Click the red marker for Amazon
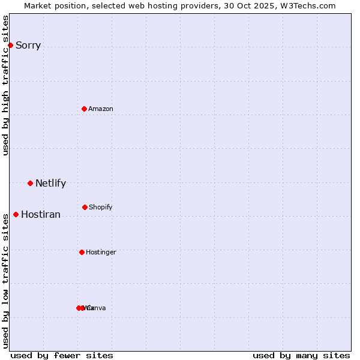tap(85, 109)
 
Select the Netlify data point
tap(30, 183)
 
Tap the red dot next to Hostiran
tap(16, 214)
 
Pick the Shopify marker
tap(85, 207)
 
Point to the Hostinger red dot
tap(82, 252)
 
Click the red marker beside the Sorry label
tap(10, 45)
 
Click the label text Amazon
tap(101, 109)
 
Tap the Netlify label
tap(50, 183)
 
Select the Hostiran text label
tap(41, 214)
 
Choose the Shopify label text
tap(101, 207)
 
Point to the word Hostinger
tap(101, 252)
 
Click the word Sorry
tap(28, 45)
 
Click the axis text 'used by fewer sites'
tap(62, 355)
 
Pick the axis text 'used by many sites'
tap(301, 355)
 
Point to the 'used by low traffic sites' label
tap(5, 280)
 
